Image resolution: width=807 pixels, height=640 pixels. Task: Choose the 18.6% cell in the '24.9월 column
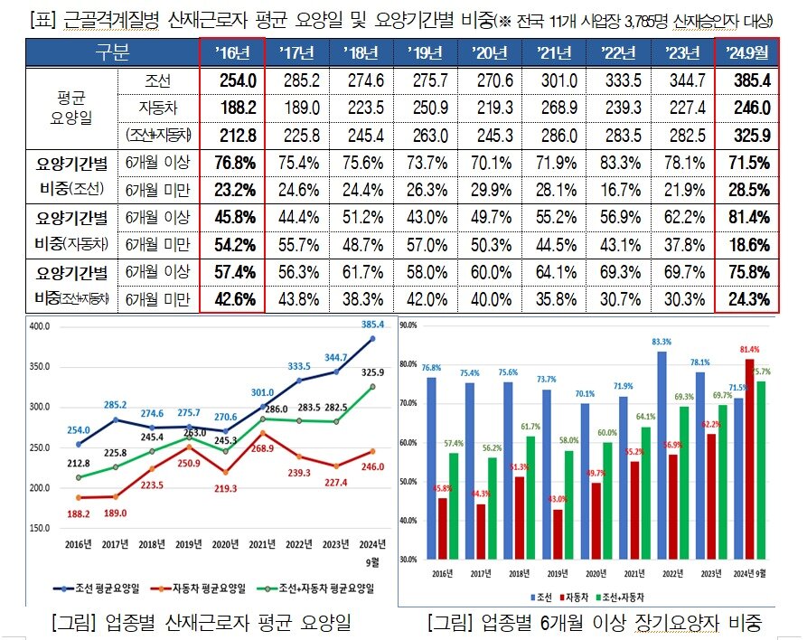pyautogui.click(x=746, y=245)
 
